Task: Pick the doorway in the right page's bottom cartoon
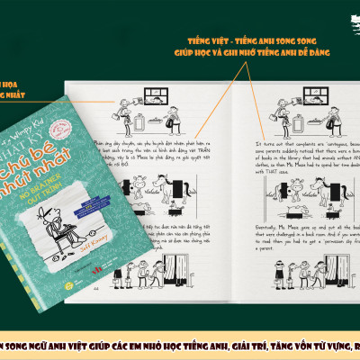pos(318,244)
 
